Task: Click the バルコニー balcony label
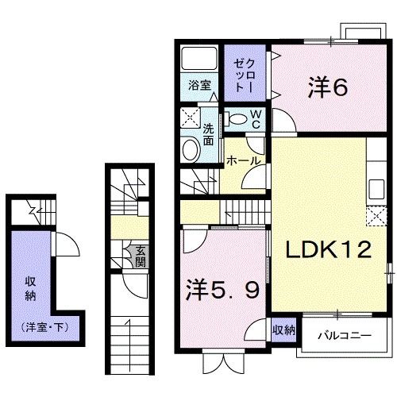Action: (x=345, y=335)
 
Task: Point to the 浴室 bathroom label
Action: (x=199, y=86)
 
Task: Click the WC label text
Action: (x=256, y=119)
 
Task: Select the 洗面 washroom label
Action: (x=208, y=134)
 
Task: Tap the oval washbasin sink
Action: (x=191, y=150)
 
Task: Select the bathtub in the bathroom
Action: (x=199, y=60)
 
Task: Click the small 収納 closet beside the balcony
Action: (x=284, y=330)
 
